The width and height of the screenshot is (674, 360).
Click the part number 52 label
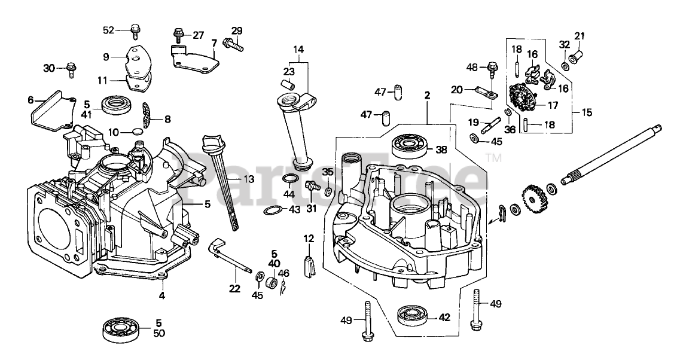(x=108, y=30)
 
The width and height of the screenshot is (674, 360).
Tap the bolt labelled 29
(x=233, y=42)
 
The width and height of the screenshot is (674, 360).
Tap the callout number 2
(x=427, y=94)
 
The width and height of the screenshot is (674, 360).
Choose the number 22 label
(x=234, y=288)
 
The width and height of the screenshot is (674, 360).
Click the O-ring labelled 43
(x=273, y=210)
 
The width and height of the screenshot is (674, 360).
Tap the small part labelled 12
(x=309, y=266)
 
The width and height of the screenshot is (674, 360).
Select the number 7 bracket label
(x=213, y=43)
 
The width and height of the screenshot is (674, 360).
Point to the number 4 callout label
(x=161, y=295)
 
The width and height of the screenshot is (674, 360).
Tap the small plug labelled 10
(x=136, y=131)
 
